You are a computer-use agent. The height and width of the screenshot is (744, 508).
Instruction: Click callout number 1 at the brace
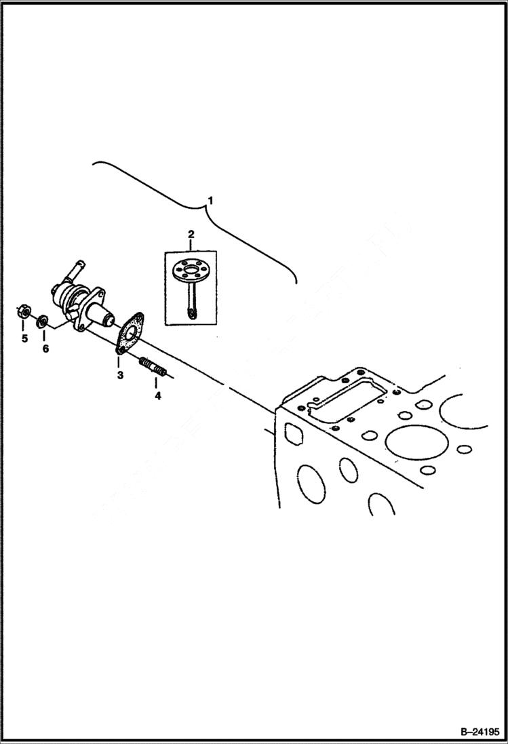tap(210, 201)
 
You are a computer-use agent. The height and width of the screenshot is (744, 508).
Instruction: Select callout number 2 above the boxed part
tap(191, 234)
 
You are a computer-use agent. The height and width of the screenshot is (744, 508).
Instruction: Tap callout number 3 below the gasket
tap(119, 374)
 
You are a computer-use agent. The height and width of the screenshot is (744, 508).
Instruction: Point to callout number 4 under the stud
tap(157, 395)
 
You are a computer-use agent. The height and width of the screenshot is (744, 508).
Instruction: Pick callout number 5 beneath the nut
tap(24, 338)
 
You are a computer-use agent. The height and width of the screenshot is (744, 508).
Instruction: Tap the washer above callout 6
tap(43, 319)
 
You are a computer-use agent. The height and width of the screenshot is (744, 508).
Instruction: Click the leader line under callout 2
tap(191, 246)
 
